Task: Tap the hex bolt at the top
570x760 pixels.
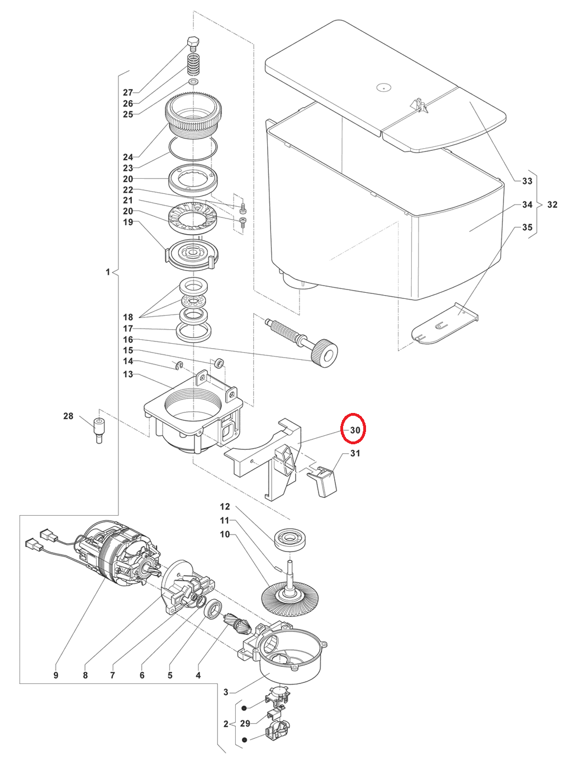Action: pos(193,43)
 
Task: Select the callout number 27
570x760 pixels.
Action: pos(128,92)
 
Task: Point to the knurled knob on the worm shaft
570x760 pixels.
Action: pos(325,354)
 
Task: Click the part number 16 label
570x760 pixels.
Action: pos(128,339)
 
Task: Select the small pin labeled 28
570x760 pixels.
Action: pos(99,431)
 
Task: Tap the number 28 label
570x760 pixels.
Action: pos(68,416)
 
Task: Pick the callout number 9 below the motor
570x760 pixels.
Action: pos(56,675)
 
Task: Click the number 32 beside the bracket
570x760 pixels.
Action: pos(552,205)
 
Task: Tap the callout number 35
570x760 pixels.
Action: pos(527,227)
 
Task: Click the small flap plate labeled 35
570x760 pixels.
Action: pos(444,324)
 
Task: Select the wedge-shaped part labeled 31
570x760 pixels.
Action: pos(322,481)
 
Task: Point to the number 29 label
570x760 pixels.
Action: pos(245,723)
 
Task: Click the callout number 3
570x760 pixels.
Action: pos(226,692)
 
